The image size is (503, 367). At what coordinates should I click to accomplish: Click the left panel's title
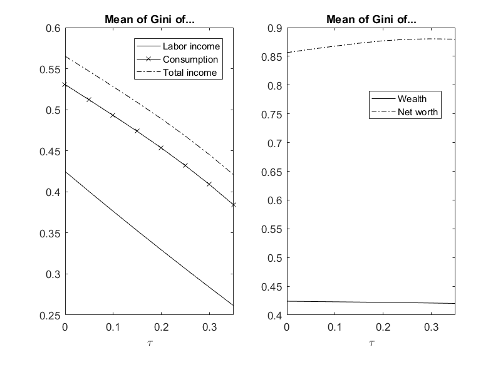click(x=149, y=19)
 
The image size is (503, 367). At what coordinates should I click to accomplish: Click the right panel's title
click(x=372, y=19)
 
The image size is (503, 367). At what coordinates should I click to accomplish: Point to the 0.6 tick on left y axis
click(x=53, y=28)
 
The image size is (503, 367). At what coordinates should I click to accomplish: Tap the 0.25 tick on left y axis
click(x=51, y=315)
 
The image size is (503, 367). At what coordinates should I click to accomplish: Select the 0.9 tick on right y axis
click(x=276, y=28)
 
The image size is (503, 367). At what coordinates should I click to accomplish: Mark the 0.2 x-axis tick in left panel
click(x=161, y=327)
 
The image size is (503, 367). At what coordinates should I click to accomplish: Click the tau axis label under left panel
click(x=149, y=343)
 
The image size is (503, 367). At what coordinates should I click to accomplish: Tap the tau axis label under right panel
click(x=371, y=343)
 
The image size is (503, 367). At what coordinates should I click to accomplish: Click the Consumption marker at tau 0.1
click(x=113, y=115)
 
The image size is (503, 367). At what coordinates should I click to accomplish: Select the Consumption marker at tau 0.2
click(x=161, y=148)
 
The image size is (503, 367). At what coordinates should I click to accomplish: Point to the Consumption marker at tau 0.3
click(x=209, y=184)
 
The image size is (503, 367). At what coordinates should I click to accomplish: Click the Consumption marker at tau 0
click(x=65, y=84)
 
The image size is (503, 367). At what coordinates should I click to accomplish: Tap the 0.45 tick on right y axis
click(x=273, y=286)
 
